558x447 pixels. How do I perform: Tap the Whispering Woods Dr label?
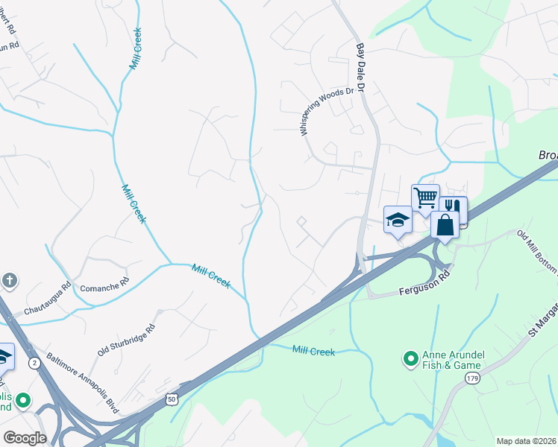click(325, 110)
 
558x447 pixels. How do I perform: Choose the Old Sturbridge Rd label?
click(126, 339)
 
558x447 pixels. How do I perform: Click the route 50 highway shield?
click(172, 400)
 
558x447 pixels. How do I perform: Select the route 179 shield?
click(472, 379)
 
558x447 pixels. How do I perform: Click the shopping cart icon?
click(425, 198)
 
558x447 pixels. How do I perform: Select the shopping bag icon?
click(445, 224)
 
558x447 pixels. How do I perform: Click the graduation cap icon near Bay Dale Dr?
click(398, 219)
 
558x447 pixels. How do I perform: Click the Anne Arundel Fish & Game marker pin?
click(410, 360)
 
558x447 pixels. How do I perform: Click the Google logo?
click(25, 438)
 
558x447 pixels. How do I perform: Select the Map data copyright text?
click(527, 441)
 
